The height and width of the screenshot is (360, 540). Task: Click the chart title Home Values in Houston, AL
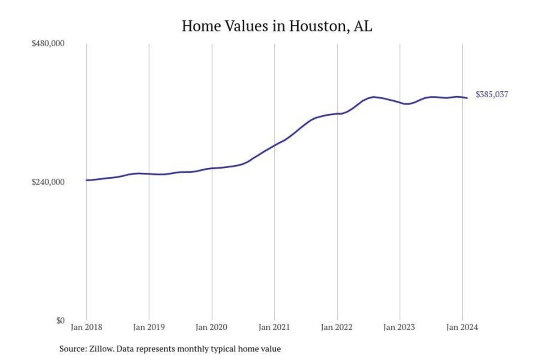[277, 26]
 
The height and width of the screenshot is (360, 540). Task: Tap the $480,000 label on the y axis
[49, 44]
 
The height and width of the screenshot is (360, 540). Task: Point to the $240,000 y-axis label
[49, 182]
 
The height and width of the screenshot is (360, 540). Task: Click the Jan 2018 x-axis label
[86, 327]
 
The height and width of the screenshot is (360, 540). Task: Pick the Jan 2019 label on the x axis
[149, 327]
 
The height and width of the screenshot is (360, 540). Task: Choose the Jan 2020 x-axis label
[212, 327]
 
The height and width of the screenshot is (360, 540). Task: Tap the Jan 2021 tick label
[274, 327]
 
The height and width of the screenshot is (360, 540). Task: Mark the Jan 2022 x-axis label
[337, 327]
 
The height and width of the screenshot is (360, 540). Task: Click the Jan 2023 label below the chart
[400, 327]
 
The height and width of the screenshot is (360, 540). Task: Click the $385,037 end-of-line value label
[492, 95]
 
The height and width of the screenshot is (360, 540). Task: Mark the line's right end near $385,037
[467, 98]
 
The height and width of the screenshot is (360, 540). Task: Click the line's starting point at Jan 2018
[86, 180]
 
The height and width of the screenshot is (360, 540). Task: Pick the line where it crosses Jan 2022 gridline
[337, 114]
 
